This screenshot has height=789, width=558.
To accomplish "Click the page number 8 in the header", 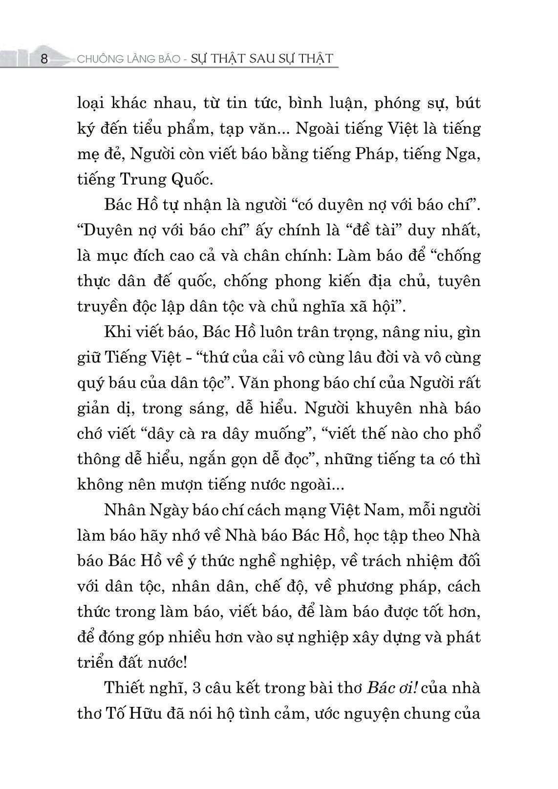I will click(x=44, y=59).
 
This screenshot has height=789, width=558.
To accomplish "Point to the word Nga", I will click(x=466, y=154).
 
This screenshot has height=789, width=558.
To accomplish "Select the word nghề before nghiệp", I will click(x=267, y=561).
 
